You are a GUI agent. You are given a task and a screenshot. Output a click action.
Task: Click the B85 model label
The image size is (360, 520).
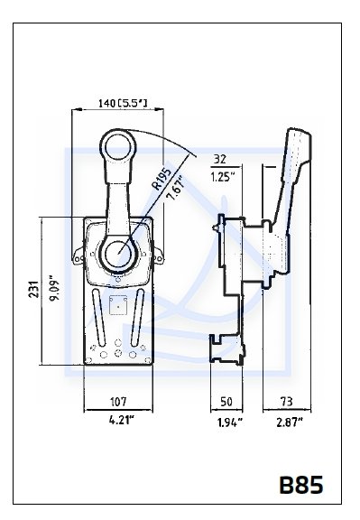point(301,485)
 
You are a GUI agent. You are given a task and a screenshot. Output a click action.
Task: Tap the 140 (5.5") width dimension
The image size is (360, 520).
point(123,103)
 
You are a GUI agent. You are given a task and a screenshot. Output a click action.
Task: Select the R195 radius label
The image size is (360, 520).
point(162,179)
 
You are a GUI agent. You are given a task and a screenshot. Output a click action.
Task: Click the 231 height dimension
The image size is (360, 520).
point(34,289)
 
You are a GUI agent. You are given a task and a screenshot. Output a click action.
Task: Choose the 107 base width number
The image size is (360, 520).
point(118,402)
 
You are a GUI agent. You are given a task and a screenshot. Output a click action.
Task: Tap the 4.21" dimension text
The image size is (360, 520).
point(122,420)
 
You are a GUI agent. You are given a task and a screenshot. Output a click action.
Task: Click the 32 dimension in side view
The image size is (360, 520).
point(220,160)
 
